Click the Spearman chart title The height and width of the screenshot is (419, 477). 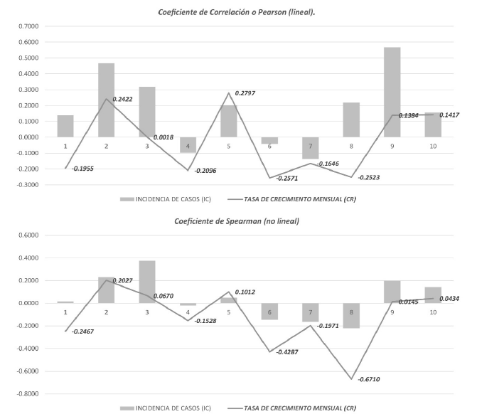coord(237,221)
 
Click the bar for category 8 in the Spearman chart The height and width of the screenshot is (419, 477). coord(350,315)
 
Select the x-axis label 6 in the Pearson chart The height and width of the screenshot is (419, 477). coord(269,147)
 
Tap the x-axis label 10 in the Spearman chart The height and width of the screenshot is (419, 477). coord(432,312)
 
